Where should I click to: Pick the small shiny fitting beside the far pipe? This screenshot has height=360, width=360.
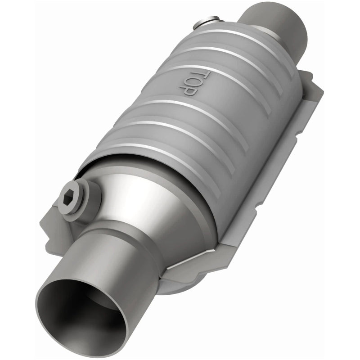coord(207,22)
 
